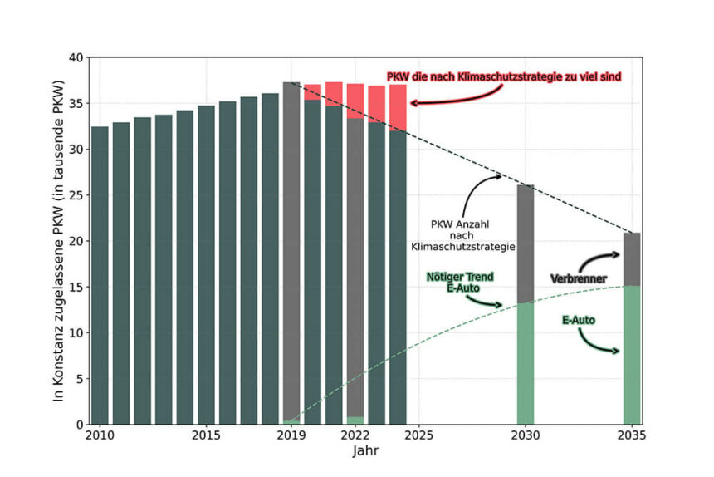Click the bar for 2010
[x=100, y=274]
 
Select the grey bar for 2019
[x=291, y=249]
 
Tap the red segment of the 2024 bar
[x=398, y=107]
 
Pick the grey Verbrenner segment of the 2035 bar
[x=632, y=258]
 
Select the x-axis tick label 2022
[x=355, y=435]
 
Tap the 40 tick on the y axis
[x=76, y=57]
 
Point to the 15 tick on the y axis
[x=76, y=287]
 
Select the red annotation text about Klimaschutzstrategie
[x=505, y=76]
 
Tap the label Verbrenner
[x=579, y=278]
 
